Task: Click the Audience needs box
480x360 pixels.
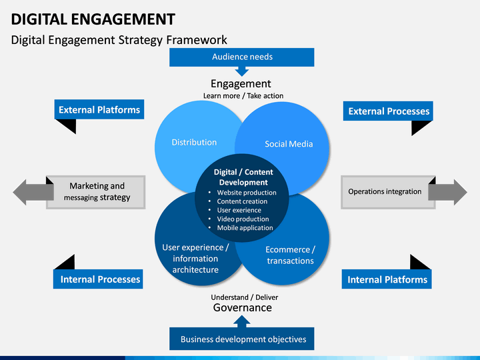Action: click(x=242, y=57)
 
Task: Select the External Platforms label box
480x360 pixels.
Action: click(x=99, y=109)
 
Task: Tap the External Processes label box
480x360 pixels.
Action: click(x=388, y=111)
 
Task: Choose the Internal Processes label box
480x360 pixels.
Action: click(x=98, y=279)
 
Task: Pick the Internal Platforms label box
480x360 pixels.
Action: click(x=387, y=279)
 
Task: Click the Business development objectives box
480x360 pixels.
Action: click(x=242, y=339)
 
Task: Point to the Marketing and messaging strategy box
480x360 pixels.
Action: click(x=96, y=192)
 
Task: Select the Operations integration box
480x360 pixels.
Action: click(x=388, y=192)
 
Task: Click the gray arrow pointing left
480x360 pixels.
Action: click(x=33, y=192)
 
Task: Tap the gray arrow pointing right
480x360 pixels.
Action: click(x=447, y=192)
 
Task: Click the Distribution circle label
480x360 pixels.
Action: click(x=194, y=143)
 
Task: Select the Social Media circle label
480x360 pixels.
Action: click(x=289, y=144)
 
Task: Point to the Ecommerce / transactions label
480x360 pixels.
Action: click(x=290, y=255)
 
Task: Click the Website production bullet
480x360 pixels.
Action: click(x=247, y=193)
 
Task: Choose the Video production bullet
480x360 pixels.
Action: click(x=243, y=219)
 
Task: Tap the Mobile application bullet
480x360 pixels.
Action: click(x=245, y=228)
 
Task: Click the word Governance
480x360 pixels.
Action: click(x=243, y=307)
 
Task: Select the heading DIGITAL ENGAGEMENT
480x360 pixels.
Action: click(x=93, y=19)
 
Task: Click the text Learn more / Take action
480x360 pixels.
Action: click(x=243, y=96)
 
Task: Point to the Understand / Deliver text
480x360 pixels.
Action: click(x=244, y=297)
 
